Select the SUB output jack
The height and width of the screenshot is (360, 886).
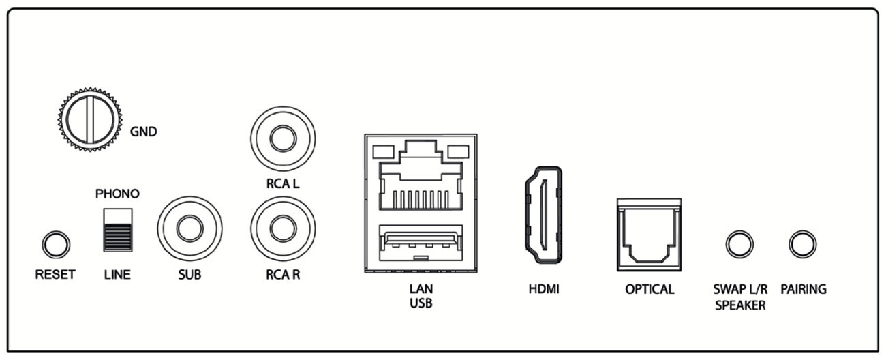tap(189, 230)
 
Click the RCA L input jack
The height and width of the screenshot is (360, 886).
tap(283, 138)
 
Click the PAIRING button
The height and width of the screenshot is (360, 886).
tap(803, 243)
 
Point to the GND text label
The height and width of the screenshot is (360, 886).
tap(143, 132)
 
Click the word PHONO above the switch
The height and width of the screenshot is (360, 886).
tap(117, 194)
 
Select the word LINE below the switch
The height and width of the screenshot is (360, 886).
tap(117, 275)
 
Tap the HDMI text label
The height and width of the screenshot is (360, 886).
tap(543, 289)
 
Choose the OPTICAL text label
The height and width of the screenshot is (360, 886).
tap(650, 289)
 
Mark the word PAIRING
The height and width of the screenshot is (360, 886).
tap(804, 289)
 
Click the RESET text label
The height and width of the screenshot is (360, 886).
tap(55, 275)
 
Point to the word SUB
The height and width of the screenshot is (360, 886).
tap(189, 275)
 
